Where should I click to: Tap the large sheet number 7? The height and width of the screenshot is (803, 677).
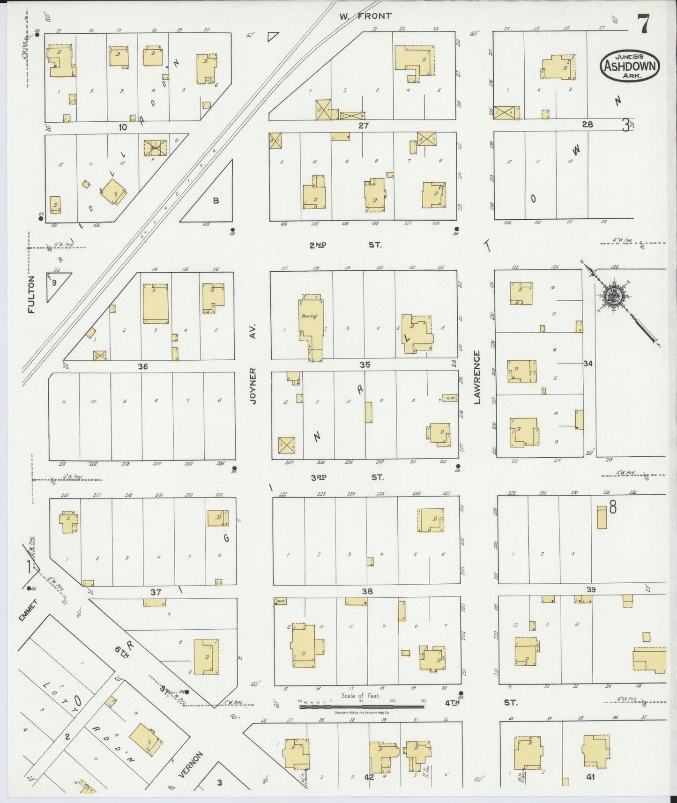[642, 24]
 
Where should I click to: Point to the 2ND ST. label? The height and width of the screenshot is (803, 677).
[345, 245]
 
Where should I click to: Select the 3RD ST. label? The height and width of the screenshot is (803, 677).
[347, 477]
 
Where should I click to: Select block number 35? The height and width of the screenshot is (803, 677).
[365, 364]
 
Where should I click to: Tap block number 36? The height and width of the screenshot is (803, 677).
[142, 366]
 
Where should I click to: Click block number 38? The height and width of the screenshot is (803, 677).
[367, 591]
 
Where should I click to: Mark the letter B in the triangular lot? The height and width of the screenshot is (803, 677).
[216, 201]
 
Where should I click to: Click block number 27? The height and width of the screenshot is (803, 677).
[364, 125]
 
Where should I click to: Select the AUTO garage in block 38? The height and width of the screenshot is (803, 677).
[281, 601]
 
